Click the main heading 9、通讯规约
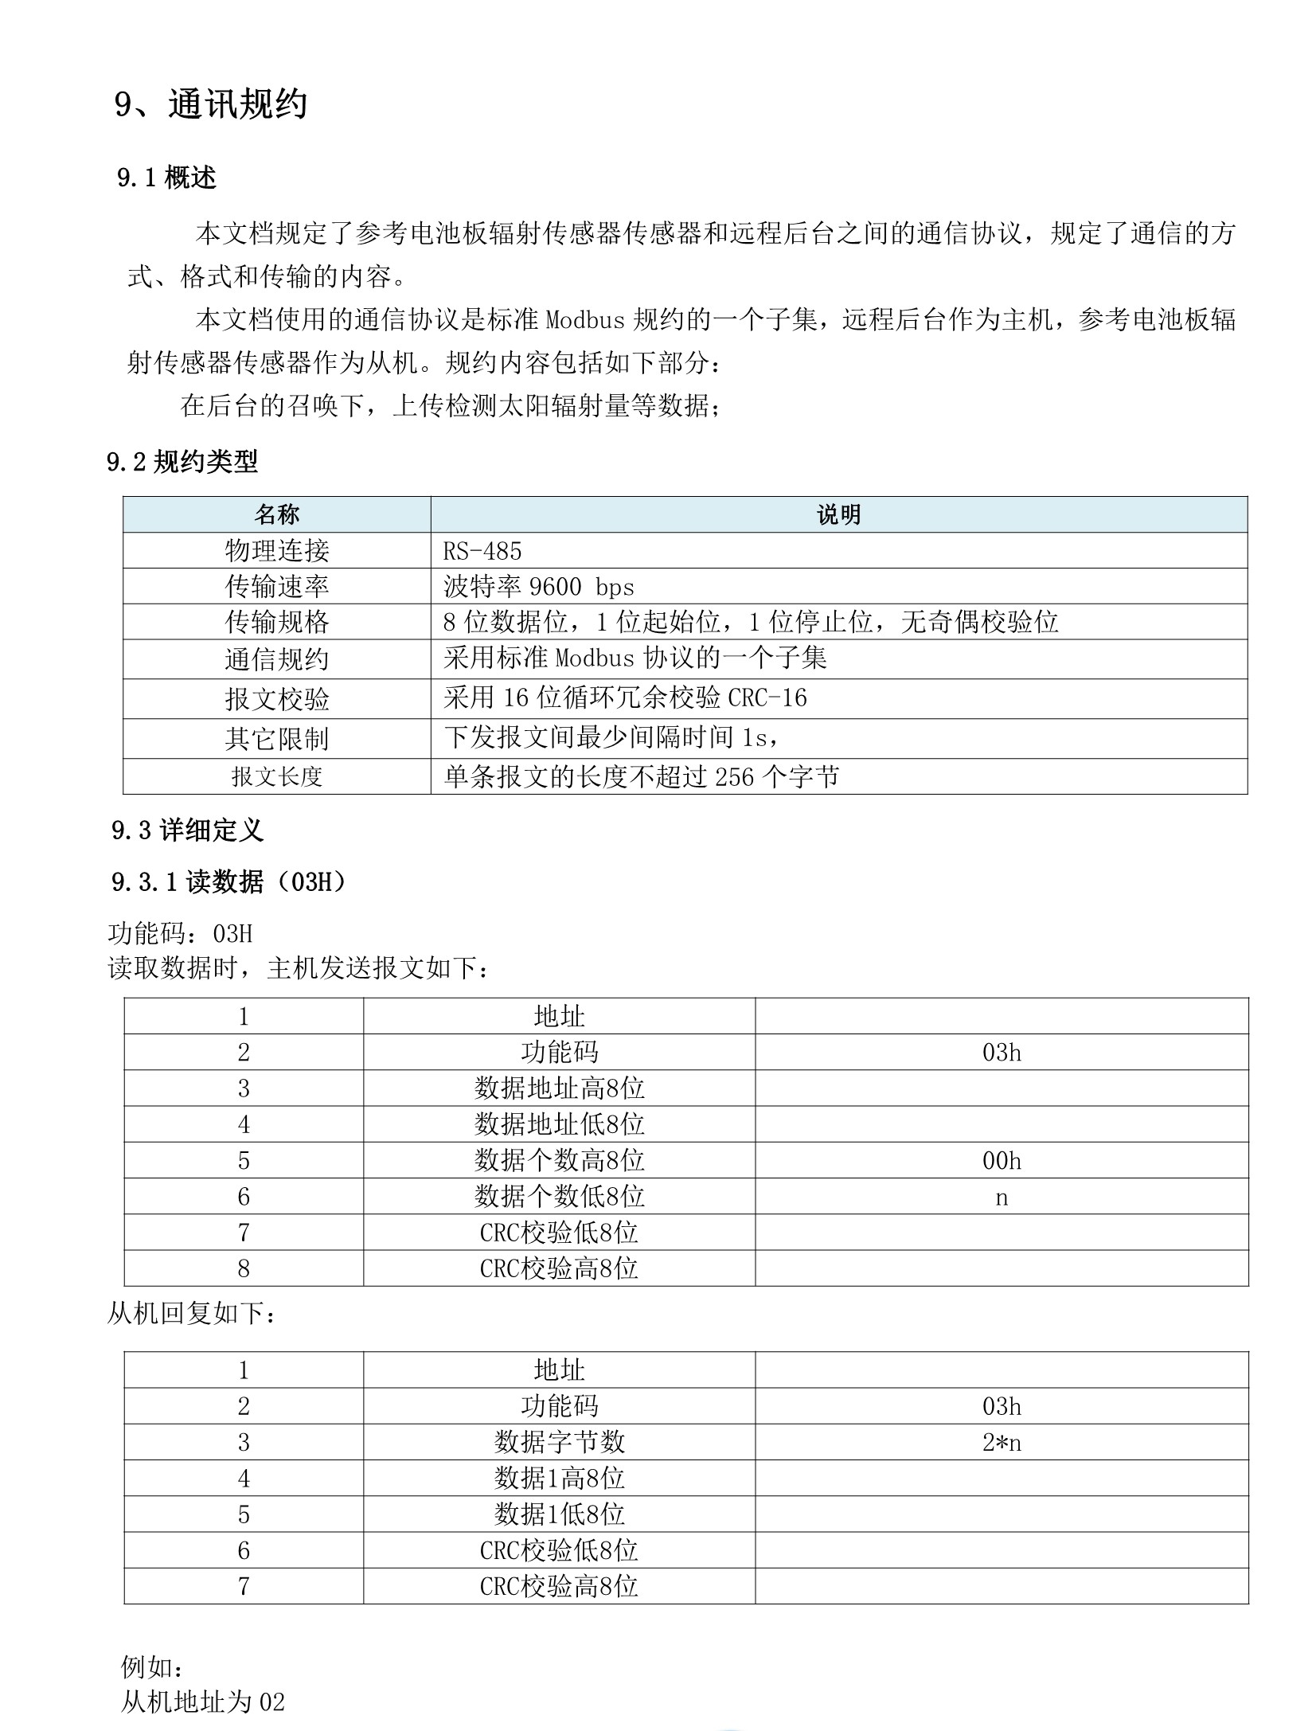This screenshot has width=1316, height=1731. [x=210, y=104]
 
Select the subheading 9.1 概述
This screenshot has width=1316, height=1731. [x=166, y=178]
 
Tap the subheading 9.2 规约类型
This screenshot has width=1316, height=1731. [x=182, y=461]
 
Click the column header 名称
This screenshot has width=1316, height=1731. [x=276, y=514]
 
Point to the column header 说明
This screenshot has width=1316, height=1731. [x=838, y=514]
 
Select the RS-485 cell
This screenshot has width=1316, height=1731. [x=482, y=551]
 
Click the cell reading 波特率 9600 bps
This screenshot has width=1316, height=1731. [x=538, y=587]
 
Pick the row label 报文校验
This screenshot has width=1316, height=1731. [x=276, y=699]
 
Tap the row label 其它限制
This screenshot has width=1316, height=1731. [x=276, y=739]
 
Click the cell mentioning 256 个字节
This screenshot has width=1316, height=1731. [x=641, y=776]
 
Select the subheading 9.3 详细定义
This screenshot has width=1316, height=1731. [x=187, y=830]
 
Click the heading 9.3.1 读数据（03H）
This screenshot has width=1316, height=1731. [x=228, y=882]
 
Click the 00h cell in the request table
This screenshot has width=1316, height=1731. [x=1001, y=1161]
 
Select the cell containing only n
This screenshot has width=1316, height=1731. [x=1001, y=1198]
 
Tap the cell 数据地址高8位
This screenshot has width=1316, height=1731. [x=559, y=1088]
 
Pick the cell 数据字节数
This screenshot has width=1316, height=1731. [x=559, y=1442]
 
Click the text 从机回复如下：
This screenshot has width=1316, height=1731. [x=193, y=1314]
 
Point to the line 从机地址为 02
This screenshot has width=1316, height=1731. [x=202, y=1702]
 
